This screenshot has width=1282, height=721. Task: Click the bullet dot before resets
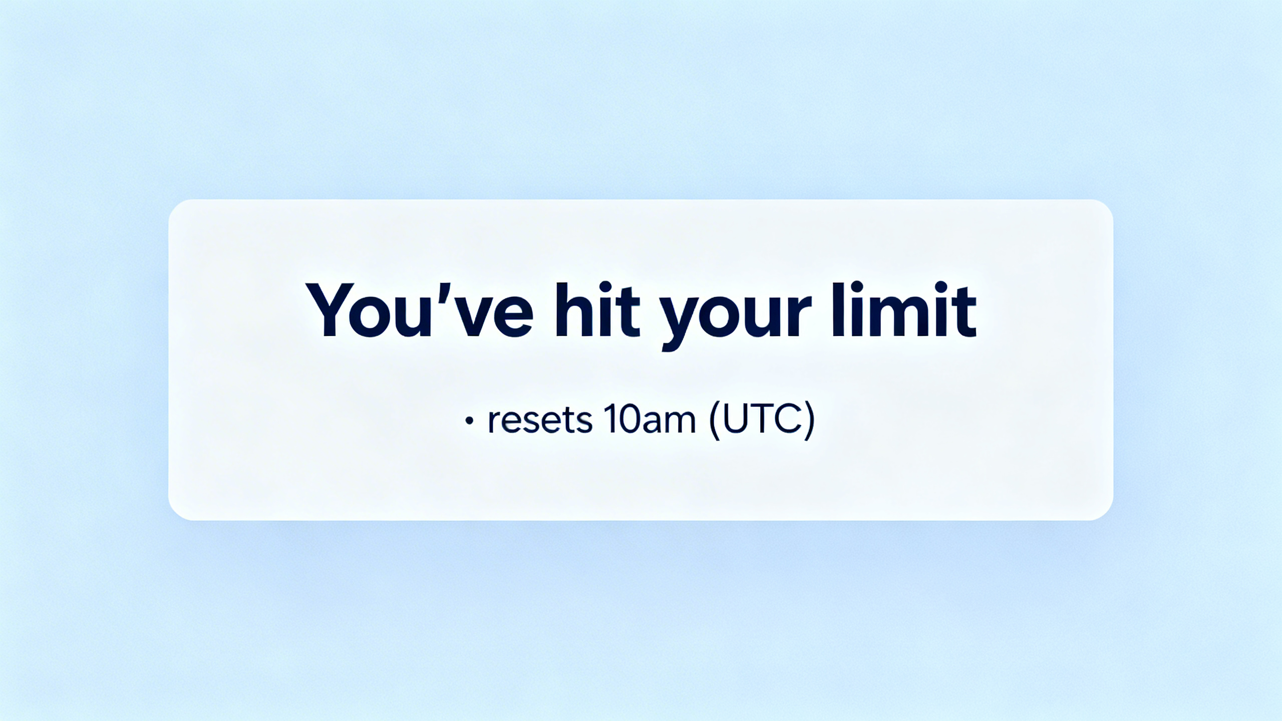click(x=469, y=422)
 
